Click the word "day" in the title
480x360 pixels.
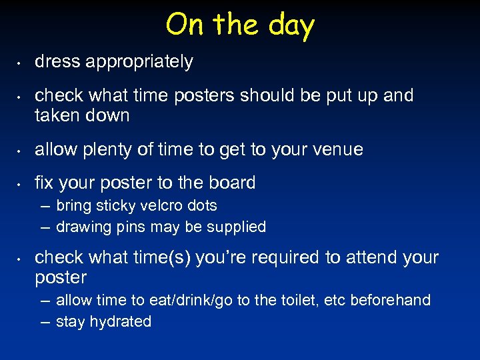coord(291,26)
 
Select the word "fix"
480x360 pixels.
coord(43,183)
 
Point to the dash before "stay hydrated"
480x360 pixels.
coord(45,322)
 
